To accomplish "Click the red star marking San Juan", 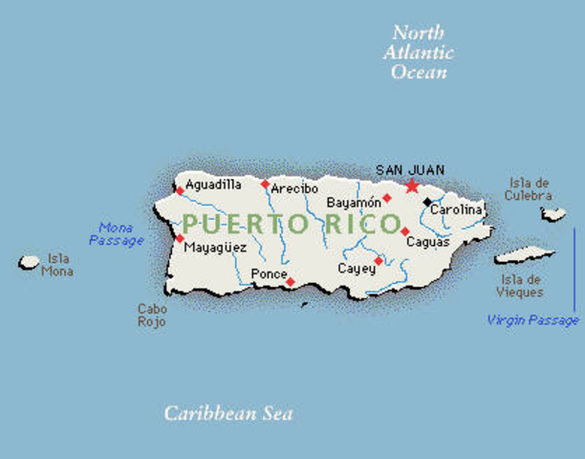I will tap(412, 185).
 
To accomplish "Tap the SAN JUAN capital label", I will tap(409, 169).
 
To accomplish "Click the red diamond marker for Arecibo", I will tap(265, 184).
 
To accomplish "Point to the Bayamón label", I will tap(353, 203).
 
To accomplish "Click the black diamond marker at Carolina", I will tap(427, 202).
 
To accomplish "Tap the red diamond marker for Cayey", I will tap(379, 260).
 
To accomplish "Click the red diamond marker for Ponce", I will tap(291, 281).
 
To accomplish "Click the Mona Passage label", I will tap(116, 234).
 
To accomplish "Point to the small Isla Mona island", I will tap(30, 261).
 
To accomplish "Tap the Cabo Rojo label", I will tap(151, 316).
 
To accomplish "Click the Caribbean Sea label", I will tap(227, 414).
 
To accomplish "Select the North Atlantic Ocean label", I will tap(419, 52).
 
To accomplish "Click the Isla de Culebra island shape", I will tap(552, 214).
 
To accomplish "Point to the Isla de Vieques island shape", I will tap(523, 255).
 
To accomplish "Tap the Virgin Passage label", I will tap(533, 320).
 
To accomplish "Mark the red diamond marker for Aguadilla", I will tap(180, 190).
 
